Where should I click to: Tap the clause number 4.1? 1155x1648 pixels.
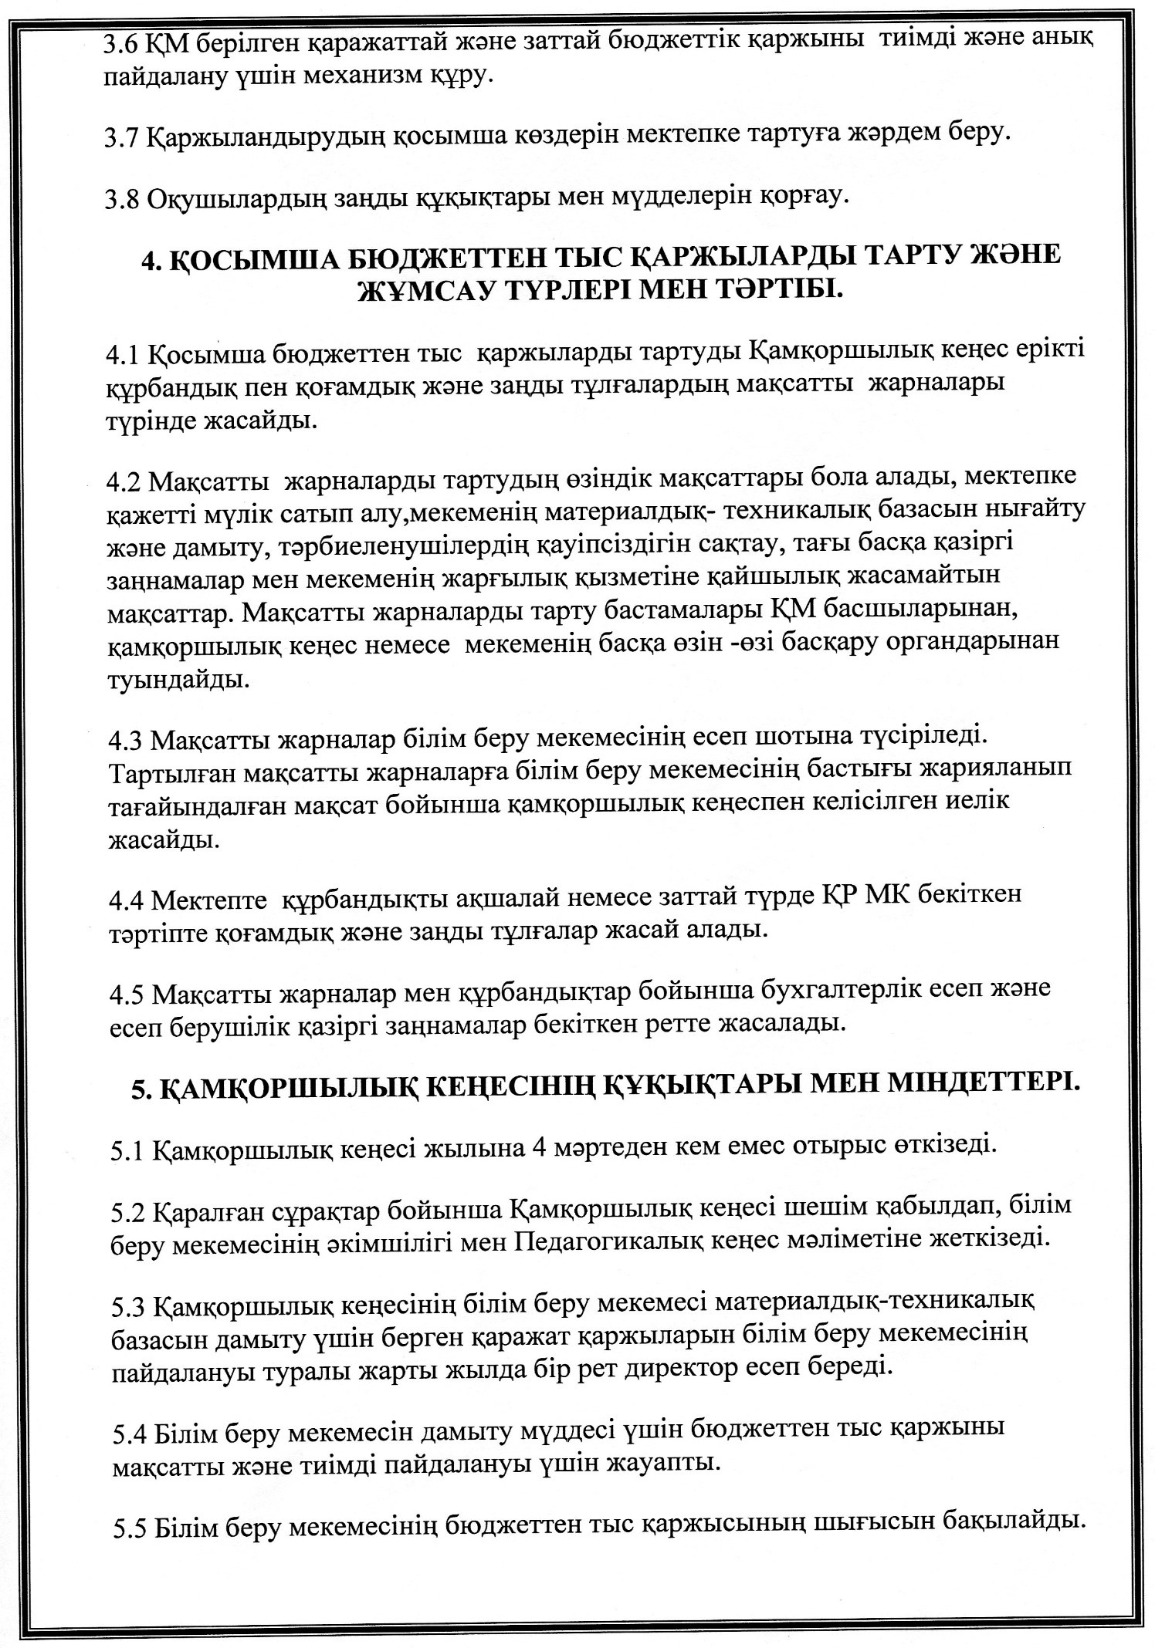[x=123, y=353]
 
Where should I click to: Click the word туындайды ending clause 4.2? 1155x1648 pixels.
[x=177, y=679]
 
